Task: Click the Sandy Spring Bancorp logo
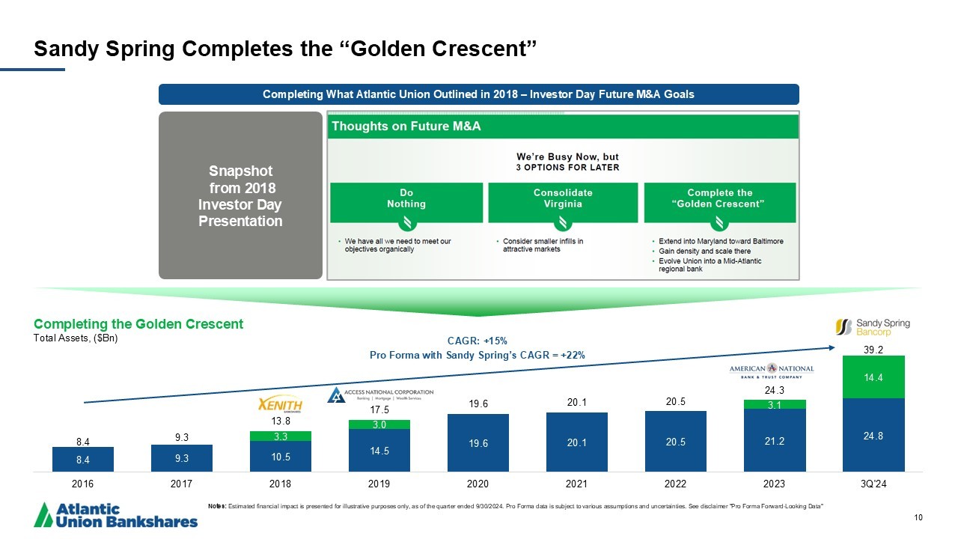pos(872,328)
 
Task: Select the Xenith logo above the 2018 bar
pos(280,404)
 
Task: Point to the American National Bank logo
pos(772,372)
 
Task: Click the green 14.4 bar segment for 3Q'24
pos(873,377)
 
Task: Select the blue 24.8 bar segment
pos(873,435)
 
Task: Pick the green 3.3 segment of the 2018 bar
pos(280,436)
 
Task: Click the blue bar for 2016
pos(82,459)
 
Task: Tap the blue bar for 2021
pos(576,442)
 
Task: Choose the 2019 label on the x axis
pos(379,484)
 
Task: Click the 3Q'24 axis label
pos(873,484)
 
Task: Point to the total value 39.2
pos(873,349)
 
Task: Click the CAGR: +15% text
pos(477,341)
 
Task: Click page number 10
pos(918,517)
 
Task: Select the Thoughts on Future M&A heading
pos(406,127)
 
